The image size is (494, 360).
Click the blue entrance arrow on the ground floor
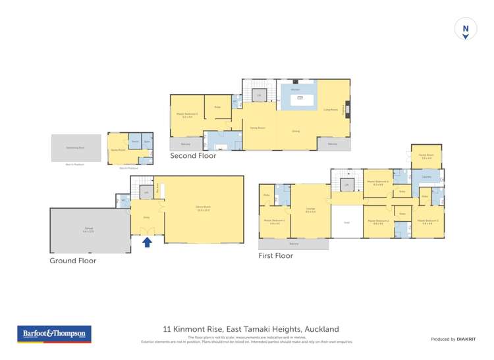click(147, 242)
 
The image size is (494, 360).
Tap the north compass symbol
click(465, 30)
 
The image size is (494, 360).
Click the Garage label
click(88, 230)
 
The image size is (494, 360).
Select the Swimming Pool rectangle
click(76, 147)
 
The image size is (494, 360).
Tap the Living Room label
click(330, 109)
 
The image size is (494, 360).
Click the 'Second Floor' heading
click(193, 156)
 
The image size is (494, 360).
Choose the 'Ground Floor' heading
click(73, 261)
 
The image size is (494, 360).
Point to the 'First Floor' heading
click(275, 255)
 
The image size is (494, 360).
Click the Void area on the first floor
click(346, 222)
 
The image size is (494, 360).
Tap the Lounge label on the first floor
click(310, 210)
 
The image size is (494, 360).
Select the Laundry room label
click(425, 176)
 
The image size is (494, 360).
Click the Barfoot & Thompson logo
click(54, 334)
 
